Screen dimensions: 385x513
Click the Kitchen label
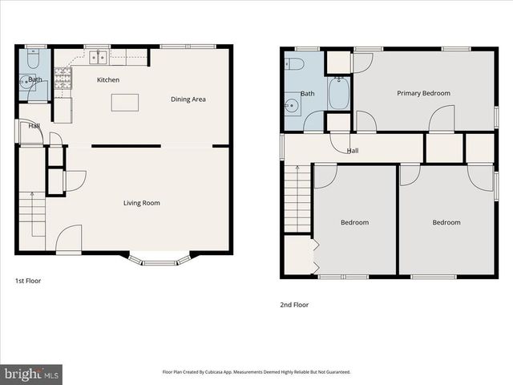pyautogui.click(x=108, y=80)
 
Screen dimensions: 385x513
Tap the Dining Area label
pyautogui.click(x=188, y=99)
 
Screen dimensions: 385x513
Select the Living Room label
pyautogui.click(x=141, y=203)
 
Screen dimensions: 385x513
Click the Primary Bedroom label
pyautogui.click(x=423, y=93)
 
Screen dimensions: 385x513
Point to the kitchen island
pyautogui.click(x=124, y=102)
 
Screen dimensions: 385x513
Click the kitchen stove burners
pyautogui.click(x=63, y=77)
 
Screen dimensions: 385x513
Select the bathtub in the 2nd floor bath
pyautogui.click(x=339, y=94)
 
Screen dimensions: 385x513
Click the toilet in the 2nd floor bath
pyautogui.click(x=293, y=64)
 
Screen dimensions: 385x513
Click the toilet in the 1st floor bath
pyautogui.click(x=32, y=59)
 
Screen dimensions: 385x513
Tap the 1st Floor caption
pyautogui.click(x=28, y=282)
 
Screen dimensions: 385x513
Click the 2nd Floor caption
pyautogui.click(x=294, y=305)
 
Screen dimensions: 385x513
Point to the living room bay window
pyautogui.click(x=160, y=260)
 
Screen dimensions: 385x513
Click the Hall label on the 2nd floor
pyautogui.click(x=353, y=151)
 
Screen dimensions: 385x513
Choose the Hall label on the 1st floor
pyautogui.click(x=34, y=126)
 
